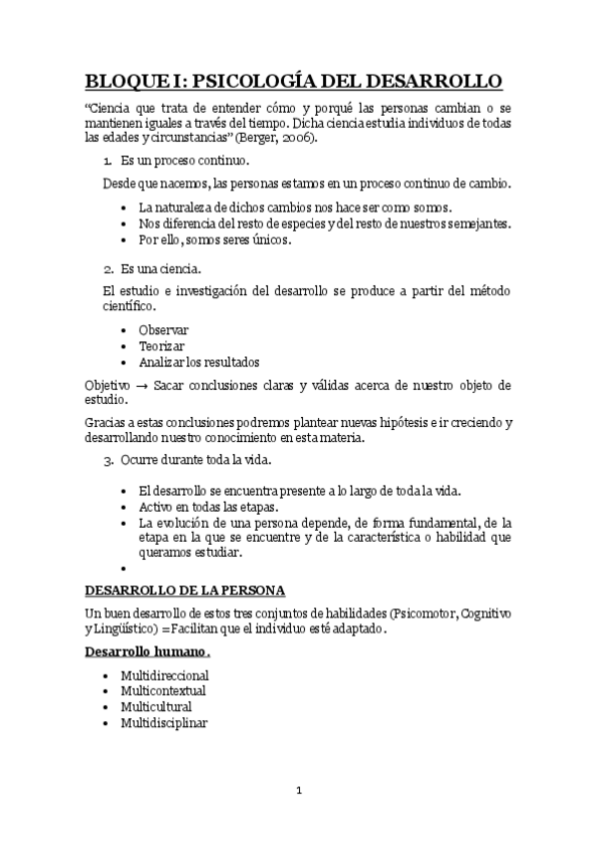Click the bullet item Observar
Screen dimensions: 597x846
click(x=163, y=329)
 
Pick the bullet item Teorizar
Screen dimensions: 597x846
click(x=161, y=345)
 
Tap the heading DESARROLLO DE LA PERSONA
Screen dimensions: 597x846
click(x=184, y=589)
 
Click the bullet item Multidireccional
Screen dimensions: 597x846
click(x=164, y=675)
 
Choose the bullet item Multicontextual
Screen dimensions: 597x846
click(x=162, y=690)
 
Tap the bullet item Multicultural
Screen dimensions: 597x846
click(x=155, y=706)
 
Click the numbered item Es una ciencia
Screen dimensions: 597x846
click(x=160, y=268)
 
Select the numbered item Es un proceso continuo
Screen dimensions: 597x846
click(x=184, y=160)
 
